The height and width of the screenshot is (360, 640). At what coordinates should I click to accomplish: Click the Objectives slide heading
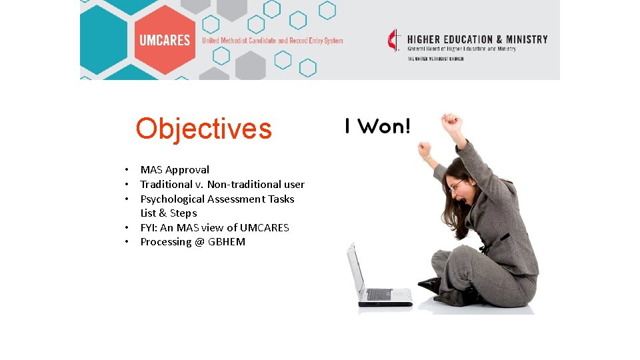203,129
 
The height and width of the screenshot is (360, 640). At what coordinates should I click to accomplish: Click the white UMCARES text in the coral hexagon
165,41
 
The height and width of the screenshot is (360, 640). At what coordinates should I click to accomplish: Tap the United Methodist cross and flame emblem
395,40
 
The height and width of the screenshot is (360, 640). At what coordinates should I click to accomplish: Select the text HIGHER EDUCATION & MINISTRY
477,39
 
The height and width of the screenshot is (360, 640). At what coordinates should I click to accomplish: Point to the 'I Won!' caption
377,126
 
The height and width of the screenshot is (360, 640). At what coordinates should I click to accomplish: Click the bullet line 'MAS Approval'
175,170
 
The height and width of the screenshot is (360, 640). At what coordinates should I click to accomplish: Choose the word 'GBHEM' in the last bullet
227,242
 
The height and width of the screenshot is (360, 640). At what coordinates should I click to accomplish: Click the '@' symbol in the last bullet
199,242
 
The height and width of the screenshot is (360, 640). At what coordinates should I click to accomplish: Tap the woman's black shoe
430,285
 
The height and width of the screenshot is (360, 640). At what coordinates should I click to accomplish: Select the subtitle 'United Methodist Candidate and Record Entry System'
273,41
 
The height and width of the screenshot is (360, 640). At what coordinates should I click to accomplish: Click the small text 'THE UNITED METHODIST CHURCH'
435,59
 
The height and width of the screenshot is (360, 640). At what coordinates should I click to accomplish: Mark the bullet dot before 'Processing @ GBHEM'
125,242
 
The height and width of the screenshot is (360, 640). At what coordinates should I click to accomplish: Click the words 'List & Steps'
169,213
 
